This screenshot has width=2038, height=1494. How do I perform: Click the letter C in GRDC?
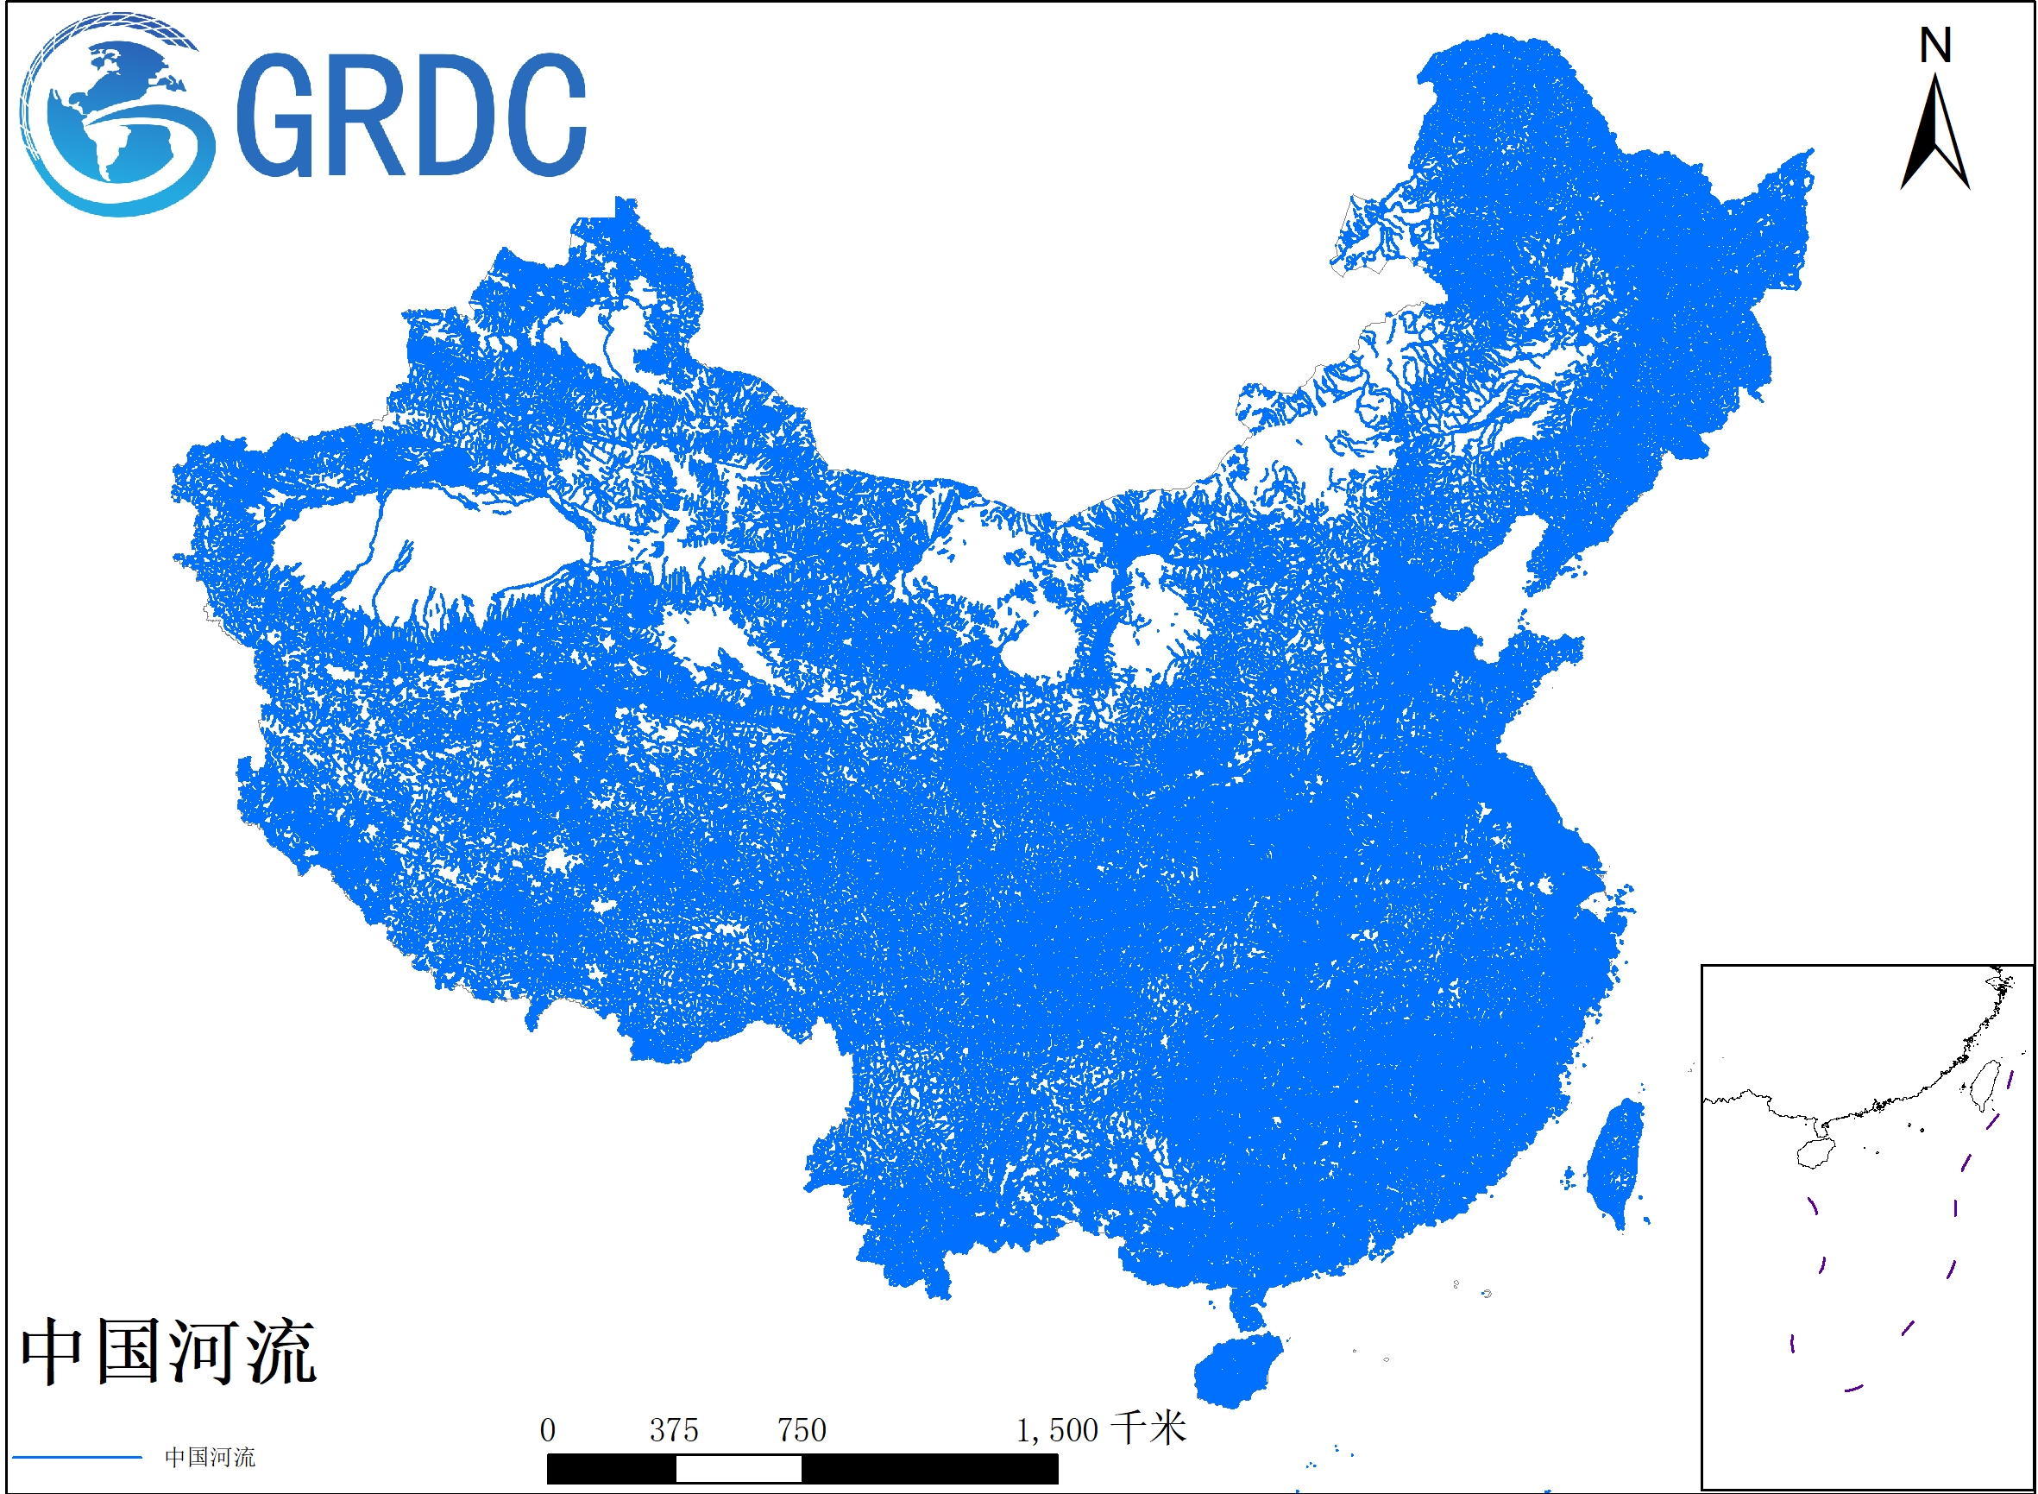543,115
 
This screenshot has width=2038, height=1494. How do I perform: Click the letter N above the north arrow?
1935,46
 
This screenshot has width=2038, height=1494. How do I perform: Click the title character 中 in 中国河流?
53,1352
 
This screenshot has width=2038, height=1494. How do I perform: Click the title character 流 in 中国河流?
282,1352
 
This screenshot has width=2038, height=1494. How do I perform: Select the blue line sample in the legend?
77,1457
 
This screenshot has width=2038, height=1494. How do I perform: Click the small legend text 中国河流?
210,1457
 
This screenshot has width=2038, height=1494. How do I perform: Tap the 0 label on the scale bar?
547,1431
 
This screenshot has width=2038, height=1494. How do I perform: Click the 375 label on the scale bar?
674,1431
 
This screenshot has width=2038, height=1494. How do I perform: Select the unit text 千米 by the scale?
1148,1429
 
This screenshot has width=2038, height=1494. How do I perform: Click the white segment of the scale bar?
738,1470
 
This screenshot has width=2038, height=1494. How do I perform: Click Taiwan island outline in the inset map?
1985,1085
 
